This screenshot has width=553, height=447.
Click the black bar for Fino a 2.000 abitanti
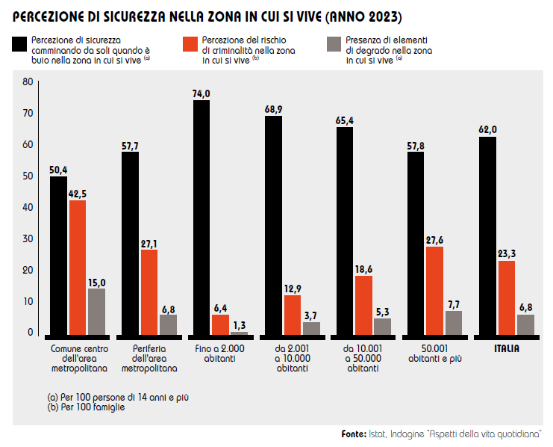point(201,217)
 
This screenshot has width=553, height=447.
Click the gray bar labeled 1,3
point(240,333)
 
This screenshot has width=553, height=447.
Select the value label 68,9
point(273,109)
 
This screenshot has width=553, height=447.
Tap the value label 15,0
point(97,282)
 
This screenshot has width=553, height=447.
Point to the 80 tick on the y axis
point(28,81)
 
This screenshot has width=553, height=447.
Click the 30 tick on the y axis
point(28,238)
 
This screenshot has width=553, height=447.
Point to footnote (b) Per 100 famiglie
point(85,407)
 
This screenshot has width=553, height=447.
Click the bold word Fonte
point(354,434)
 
